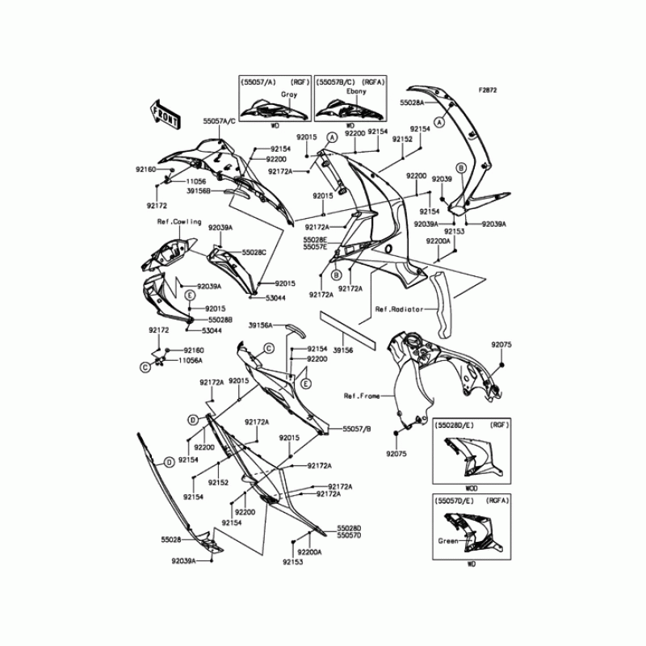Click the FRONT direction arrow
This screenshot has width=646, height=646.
165,114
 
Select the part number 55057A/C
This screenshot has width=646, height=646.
219,120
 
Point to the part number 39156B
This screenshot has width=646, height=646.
199,191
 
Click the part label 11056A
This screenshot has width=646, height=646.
191,360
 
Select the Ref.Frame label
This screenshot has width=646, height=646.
361,396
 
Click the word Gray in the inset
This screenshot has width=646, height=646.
266,94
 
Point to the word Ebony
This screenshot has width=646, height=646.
357,91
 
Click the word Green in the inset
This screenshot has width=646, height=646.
447,541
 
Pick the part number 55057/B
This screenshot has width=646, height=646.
356,429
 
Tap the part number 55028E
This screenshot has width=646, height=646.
316,240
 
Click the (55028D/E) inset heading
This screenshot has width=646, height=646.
454,424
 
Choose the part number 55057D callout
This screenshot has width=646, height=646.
349,535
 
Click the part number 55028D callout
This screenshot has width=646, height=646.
349,526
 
